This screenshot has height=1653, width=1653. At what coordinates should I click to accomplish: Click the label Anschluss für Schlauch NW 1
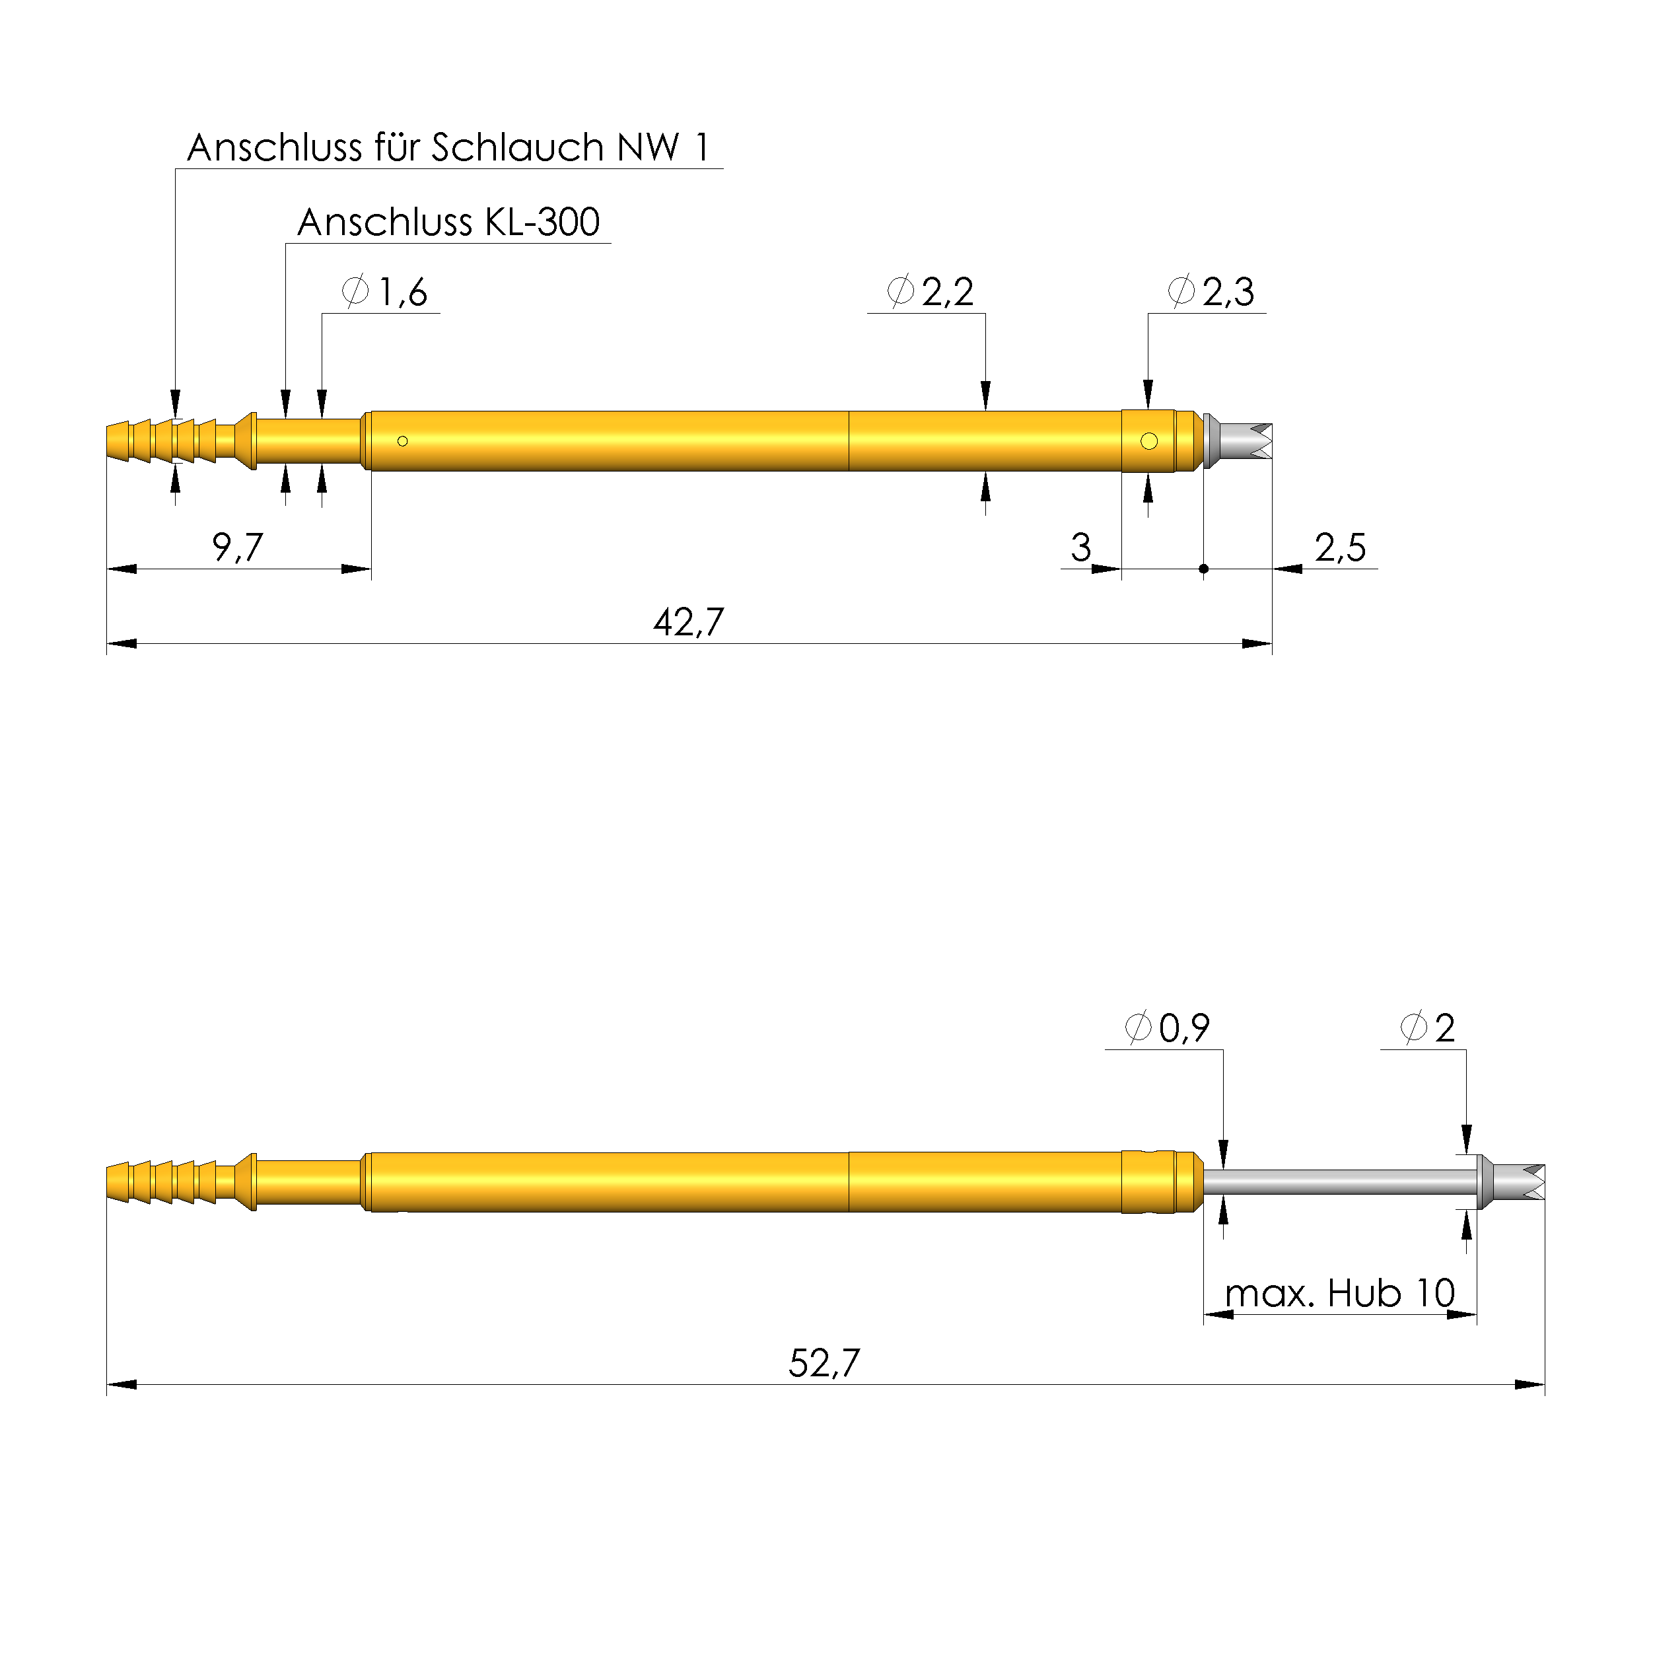pyautogui.click(x=448, y=147)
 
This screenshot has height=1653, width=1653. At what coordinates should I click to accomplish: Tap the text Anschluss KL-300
pyautogui.click(x=448, y=223)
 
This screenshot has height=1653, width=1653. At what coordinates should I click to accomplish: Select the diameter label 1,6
pyautogui.click(x=386, y=293)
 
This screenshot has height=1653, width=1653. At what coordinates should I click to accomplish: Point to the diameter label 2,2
pyautogui.click(x=931, y=293)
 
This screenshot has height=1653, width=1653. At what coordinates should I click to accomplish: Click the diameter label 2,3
pyautogui.click(x=1211, y=293)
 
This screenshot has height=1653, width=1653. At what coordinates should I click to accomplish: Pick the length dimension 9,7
pyautogui.click(x=237, y=547)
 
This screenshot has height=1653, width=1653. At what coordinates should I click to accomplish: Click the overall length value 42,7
pyautogui.click(x=689, y=623)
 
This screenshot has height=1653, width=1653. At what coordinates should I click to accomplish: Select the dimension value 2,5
pyautogui.click(x=1341, y=547)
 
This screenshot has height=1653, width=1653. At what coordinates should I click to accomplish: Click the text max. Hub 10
pyautogui.click(x=1340, y=1294)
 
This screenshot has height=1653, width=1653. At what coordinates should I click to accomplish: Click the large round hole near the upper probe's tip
pyautogui.click(x=1149, y=442)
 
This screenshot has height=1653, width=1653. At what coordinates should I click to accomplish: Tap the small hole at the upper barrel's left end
pyautogui.click(x=402, y=442)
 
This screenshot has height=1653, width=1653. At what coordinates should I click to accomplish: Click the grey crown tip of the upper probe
pyautogui.click(x=1242, y=442)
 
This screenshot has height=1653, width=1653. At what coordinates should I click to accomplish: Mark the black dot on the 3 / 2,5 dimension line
pyautogui.click(x=1204, y=569)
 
